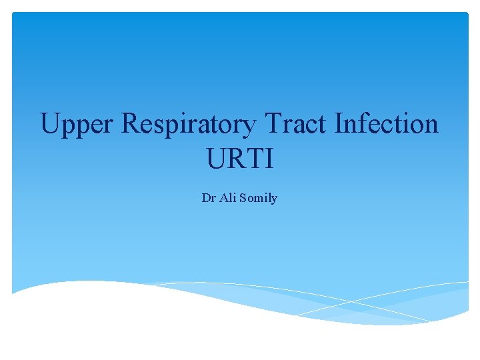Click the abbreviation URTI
239,160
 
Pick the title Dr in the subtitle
207,198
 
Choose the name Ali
227,198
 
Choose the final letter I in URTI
268,160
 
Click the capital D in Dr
205,198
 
